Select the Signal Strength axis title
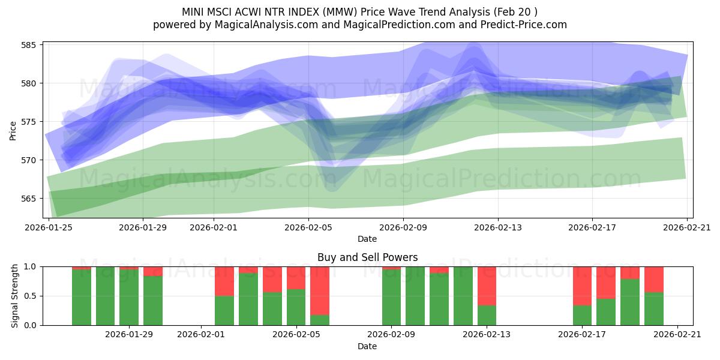pos(15,296)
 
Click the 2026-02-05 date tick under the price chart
pos(308,227)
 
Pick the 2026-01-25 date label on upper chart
pos(48,227)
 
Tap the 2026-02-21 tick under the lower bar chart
pos(677,335)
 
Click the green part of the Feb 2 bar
pos(224,310)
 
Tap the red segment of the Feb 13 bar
pos(487,286)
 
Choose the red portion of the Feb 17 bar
pos(582,286)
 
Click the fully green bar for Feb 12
pos(463,296)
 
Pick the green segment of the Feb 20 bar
pos(653,309)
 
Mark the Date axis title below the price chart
pos(367,239)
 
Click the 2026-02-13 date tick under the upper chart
pos(497,227)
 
